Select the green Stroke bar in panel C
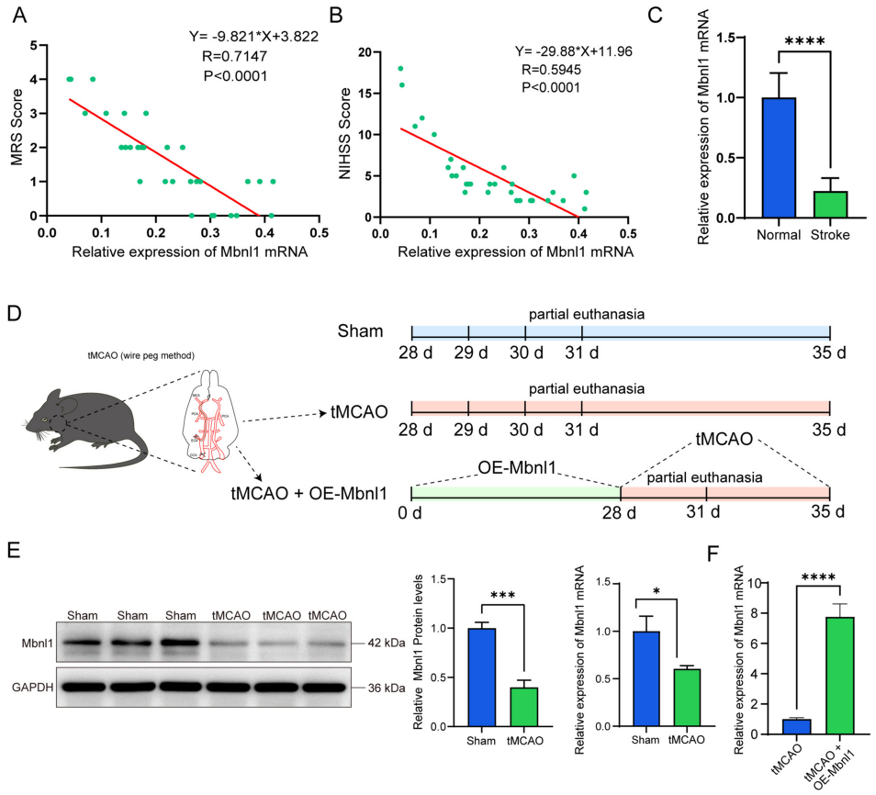pos(830,205)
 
